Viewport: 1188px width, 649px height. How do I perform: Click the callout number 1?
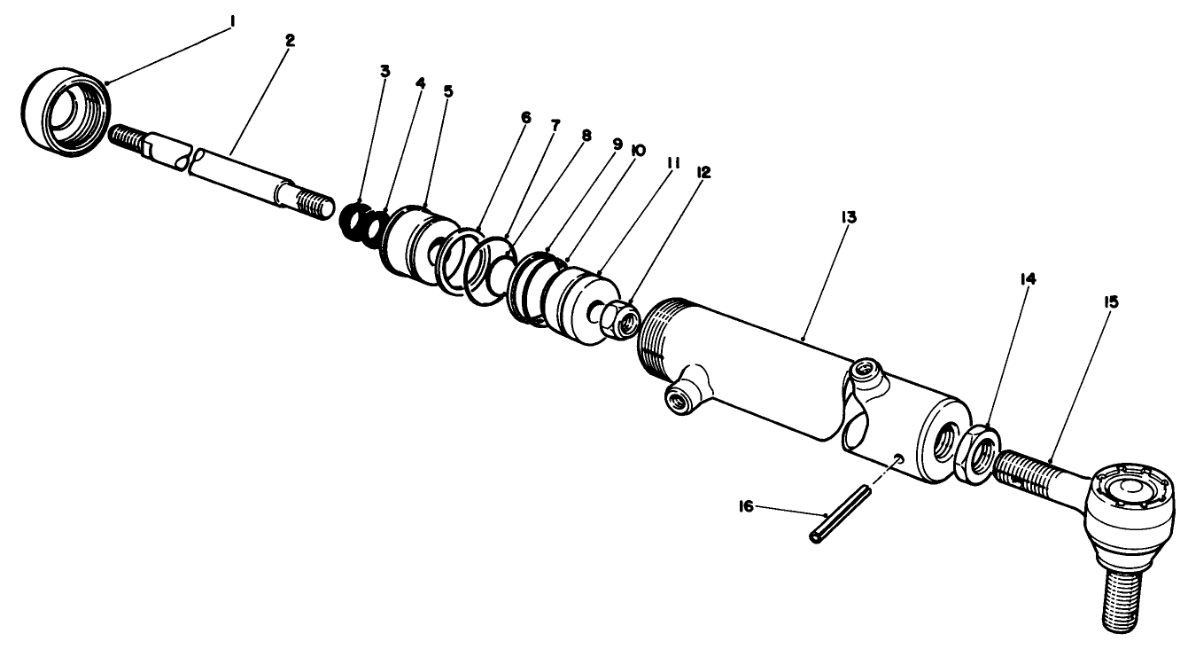(232, 18)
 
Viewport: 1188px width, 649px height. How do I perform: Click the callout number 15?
(1111, 302)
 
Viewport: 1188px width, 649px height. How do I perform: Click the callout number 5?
(447, 91)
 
